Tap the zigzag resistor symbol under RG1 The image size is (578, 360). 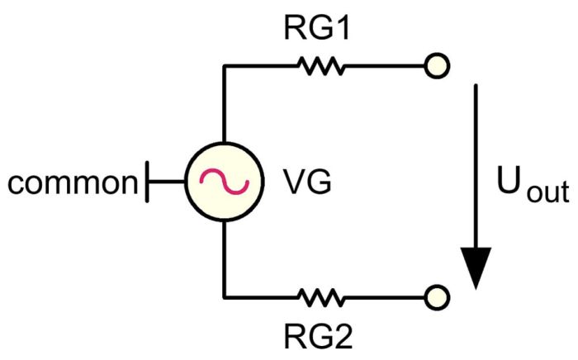pos(323,65)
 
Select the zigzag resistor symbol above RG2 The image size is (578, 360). pos(323,296)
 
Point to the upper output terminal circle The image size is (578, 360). pos(436,65)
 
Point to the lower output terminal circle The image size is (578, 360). pos(436,296)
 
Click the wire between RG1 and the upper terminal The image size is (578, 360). pos(384,65)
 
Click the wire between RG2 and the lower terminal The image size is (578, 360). pos(384,296)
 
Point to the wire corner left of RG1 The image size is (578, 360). pos(224,65)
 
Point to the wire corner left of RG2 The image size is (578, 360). pos(224,296)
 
